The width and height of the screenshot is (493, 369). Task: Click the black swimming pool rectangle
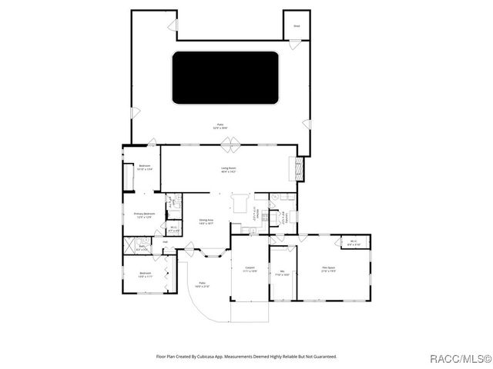(225, 78)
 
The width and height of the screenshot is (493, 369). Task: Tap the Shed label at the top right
(296, 26)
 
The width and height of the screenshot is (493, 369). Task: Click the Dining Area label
(206, 222)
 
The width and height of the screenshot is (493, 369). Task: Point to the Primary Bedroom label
(145, 215)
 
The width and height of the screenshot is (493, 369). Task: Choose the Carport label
(250, 269)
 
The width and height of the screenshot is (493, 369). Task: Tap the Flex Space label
(329, 269)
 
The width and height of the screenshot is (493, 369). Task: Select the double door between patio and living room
(229, 143)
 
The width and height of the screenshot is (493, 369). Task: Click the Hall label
(165, 241)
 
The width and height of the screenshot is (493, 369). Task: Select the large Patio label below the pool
(220, 126)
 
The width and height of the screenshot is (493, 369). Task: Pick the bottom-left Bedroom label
(145, 274)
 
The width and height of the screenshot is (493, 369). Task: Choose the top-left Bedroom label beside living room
(144, 167)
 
